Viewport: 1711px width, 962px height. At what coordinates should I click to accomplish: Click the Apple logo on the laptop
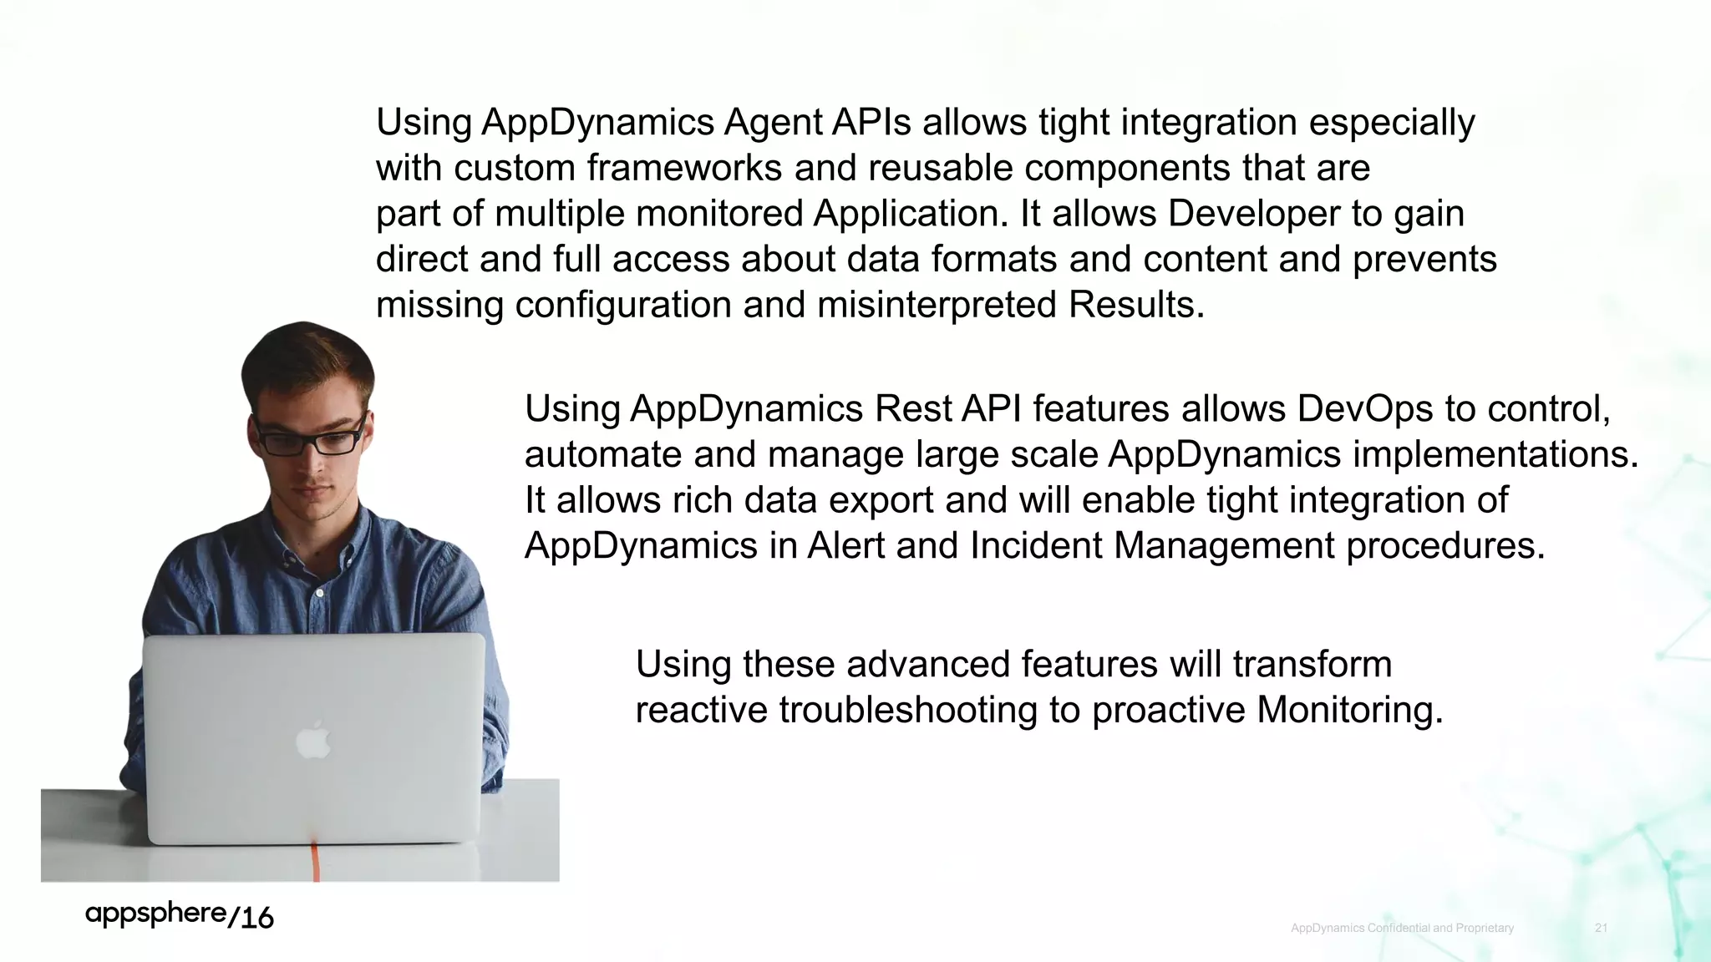click(313, 741)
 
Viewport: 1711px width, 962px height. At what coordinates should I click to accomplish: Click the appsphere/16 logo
click(179, 915)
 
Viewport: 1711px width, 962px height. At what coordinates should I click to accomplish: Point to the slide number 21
click(1601, 928)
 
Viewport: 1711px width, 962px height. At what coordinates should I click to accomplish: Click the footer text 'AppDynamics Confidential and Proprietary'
click(1402, 928)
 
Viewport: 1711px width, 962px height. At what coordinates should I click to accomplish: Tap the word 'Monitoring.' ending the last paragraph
click(1350, 710)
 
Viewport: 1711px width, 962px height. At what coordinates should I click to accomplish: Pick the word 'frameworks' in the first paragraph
click(683, 168)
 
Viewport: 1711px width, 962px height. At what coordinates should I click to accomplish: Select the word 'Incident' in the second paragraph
click(1036, 546)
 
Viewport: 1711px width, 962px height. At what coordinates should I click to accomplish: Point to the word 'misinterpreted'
click(937, 305)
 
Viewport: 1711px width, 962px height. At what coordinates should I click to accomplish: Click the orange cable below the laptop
click(316, 863)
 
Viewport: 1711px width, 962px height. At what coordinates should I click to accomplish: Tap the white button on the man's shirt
click(319, 594)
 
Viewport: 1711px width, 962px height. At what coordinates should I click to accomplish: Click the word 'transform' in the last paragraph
click(1312, 665)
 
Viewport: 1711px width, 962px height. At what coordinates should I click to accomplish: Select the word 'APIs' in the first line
click(871, 123)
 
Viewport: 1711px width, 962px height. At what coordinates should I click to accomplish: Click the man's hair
click(305, 355)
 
